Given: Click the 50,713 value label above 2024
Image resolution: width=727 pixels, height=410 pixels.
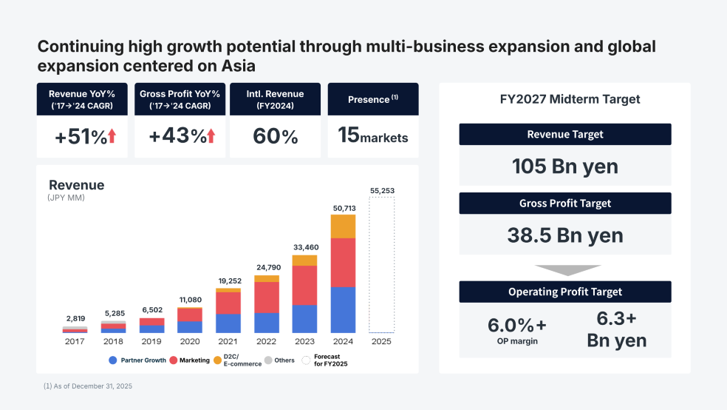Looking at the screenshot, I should pos(343,207).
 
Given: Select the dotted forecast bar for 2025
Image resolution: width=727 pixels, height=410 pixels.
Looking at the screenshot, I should pos(381,266).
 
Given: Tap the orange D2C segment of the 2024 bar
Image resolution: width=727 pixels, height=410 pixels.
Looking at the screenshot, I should pos(343,226).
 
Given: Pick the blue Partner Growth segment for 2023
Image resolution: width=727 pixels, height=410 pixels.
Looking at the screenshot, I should pos(304,318).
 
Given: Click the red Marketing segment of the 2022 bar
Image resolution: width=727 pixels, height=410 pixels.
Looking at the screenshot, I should pos(267,297).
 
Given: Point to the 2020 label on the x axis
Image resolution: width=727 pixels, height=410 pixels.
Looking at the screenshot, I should pos(189,342).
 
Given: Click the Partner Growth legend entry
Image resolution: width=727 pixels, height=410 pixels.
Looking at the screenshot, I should pos(137,360).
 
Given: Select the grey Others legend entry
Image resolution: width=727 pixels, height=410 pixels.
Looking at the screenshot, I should pos(279,360).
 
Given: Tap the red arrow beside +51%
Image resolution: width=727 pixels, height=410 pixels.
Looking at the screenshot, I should pos(112,136).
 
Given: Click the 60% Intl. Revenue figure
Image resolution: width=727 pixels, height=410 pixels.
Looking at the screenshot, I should pos(276,136).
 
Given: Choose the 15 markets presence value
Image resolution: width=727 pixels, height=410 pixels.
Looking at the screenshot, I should pos(372,135).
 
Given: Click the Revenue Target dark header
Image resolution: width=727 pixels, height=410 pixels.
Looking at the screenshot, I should pos(565,135).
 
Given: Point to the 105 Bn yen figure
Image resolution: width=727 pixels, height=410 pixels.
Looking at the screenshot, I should pos(565,167).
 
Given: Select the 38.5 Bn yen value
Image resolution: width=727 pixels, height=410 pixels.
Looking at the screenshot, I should pos(565,235).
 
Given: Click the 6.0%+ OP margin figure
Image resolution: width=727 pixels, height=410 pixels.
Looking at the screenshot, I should pos(517,326).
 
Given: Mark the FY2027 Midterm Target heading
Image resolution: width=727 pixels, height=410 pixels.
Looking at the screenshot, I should pos(565,99).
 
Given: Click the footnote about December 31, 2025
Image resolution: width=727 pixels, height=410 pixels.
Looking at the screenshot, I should pos(88,386).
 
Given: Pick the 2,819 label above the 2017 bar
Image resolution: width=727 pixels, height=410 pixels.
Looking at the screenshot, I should pos(75,319).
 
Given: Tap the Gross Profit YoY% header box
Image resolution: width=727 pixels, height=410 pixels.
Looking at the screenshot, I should pos(180,99).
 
